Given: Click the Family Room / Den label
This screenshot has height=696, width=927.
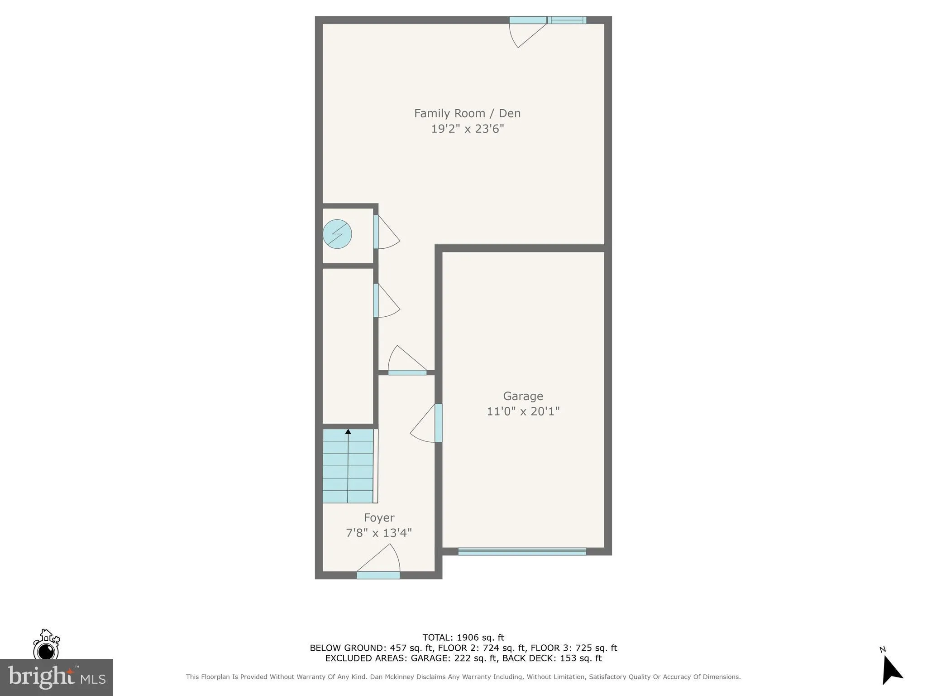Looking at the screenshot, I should [x=467, y=113].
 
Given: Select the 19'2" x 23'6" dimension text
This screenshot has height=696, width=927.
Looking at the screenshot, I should [x=467, y=129].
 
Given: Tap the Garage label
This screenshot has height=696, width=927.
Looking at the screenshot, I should [x=523, y=396].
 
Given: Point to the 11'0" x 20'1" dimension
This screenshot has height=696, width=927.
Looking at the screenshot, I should [x=523, y=411].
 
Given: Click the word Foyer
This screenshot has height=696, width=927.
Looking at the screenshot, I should [x=379, y=517].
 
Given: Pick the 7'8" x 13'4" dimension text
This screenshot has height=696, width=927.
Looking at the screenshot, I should [x=379, y=533].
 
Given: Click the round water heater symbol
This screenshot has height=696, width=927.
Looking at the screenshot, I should [x=337, y=234].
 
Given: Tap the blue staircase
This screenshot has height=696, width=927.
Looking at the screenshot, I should [x=348, y=467].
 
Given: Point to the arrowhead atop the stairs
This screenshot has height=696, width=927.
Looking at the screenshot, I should [x=348, y=432].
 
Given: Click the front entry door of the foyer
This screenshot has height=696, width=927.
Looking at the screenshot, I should [x=378, y=575].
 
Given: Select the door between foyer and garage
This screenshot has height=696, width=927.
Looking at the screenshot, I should [x=438, y=423].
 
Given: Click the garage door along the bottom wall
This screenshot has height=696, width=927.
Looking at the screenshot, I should [x=522, y=551].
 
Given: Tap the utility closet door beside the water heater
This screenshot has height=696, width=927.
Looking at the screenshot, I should [x=376, y=232].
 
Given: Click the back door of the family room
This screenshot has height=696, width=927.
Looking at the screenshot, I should [x=528, y=20].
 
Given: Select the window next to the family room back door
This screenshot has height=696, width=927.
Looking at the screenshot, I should [x=567, y=20].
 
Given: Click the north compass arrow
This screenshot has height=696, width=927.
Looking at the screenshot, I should [x=891, y=670].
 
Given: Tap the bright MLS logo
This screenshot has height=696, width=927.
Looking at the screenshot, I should [x=57, y=677].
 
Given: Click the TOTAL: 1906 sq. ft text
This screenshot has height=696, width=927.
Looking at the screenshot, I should [x=463, y=638].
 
